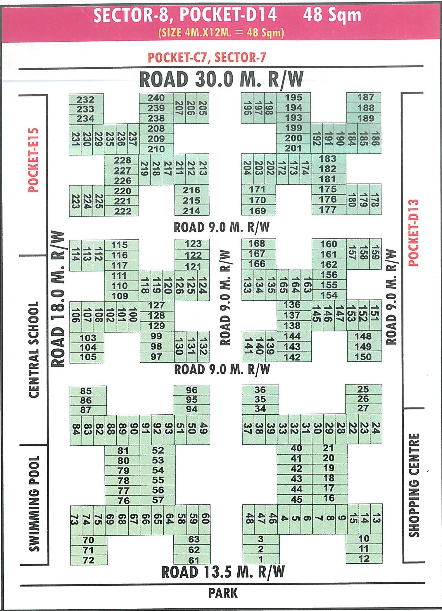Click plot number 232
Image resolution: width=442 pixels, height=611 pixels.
pyautogui.click(x=85, y=100)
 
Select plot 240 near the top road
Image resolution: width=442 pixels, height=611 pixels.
pyautogui.click(x=156, y=98)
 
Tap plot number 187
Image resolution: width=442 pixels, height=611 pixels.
pyautogui.click(x=365, y=97)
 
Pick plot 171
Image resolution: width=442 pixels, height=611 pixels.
pyautogui.click(x=257, y=190)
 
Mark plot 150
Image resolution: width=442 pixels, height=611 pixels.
pyautogui.click(x=363, y=356)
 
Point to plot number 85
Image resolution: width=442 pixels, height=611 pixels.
pyautogui.click(x=86, y=391)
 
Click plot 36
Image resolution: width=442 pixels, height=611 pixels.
pyautogui.click(x=260, y=390)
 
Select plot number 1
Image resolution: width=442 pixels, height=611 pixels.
pyautogui.click(x=260, y=559)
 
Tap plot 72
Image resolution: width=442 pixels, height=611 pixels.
pyautogui.click(x=88, y=560)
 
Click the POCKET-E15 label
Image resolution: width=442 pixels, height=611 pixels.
pyautogui.click(x=33, y=160)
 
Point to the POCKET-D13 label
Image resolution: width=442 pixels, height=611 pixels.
pyautogui.click(x=413, y=233)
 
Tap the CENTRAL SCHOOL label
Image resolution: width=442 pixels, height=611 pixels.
pyautogui.click(x=34, y=349)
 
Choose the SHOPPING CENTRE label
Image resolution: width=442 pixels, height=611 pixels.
pyautogui.click(x=414, y=485)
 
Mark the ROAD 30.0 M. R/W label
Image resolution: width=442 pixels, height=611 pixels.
pyautogui.click(x=222, y=79)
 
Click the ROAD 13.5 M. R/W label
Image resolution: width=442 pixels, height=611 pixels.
pyautogui.click(x=223, y=572)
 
